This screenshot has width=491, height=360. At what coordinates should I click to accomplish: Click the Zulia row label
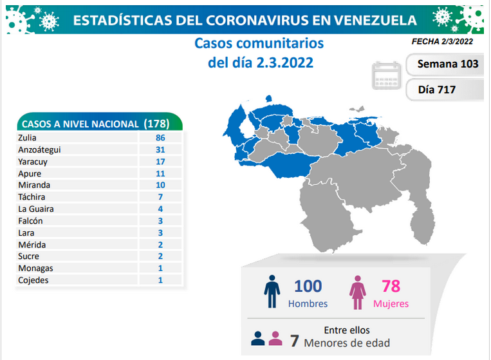tap(27, 138)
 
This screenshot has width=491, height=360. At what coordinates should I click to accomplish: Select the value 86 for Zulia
tap(160, 138)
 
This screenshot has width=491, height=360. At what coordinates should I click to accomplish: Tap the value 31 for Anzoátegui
tap(160, 150)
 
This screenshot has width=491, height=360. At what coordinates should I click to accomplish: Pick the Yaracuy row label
tap(33, 162)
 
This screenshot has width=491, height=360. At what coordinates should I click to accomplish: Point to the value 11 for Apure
tap(160, 174)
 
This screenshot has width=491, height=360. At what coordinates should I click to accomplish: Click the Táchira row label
tap(32, 197)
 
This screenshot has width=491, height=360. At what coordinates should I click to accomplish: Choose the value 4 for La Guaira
tap(160, 209)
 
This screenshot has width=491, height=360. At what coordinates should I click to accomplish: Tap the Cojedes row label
tap(33, 280)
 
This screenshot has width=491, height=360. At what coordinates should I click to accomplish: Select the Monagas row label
tap(35, 269)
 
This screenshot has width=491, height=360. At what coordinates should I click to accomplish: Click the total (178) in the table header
tap(156, 124)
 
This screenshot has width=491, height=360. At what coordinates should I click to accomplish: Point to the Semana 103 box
tap(445, 64)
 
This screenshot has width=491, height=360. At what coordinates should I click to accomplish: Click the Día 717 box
tap(445, 90)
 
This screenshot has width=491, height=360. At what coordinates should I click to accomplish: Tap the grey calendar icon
tap(386, 75)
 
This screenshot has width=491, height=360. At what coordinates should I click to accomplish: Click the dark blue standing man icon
tap(272, 291)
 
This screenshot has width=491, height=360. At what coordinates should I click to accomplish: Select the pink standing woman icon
tap(358, 292)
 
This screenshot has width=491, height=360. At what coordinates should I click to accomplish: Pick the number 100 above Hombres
tap(308, 286)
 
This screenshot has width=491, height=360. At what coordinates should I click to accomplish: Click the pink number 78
tap(391, 286)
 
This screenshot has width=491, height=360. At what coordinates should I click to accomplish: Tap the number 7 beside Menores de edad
tap(294, 341)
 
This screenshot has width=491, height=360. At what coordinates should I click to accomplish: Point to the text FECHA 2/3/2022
tap(442, 42)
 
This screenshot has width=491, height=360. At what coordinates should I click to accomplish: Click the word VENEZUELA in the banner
tap(375, 21)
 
